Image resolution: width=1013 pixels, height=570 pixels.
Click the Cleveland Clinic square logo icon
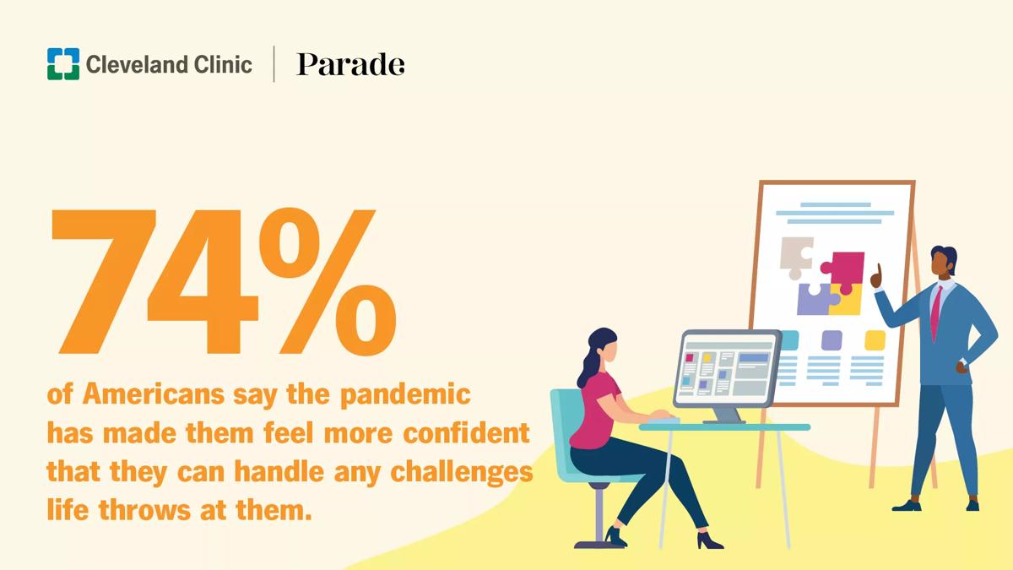click(x=63, y=64)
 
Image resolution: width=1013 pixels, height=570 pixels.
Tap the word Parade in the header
click(x=350, y=64)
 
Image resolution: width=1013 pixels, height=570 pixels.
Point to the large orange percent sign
click(x=328, y=281)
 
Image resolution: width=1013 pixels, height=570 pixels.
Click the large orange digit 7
click(x=104, y=281)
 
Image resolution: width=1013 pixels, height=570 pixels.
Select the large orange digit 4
click(x=203, y=281)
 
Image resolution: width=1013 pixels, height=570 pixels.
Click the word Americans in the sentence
click(x=154, y=394)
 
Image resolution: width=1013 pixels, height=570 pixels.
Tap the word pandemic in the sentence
click(x=405, y=395)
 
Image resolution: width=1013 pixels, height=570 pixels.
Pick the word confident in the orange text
click(x=466, y=433)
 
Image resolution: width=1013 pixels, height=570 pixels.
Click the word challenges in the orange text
click(x=461, y=473)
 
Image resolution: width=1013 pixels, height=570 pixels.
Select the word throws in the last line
click(x=144, y=510)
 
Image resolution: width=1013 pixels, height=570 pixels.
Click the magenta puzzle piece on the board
click(x=843, y=270)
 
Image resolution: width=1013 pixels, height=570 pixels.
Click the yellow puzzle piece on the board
click(x=847, y=300)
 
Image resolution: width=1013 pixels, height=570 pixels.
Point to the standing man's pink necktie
click(x=935, y=312)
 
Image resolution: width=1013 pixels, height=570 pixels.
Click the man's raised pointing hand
click(x=877, y=277)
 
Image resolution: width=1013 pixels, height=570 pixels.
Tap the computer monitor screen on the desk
click(x=727, y=368)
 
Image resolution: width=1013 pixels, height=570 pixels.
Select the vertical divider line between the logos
click(x=274, y=64)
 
